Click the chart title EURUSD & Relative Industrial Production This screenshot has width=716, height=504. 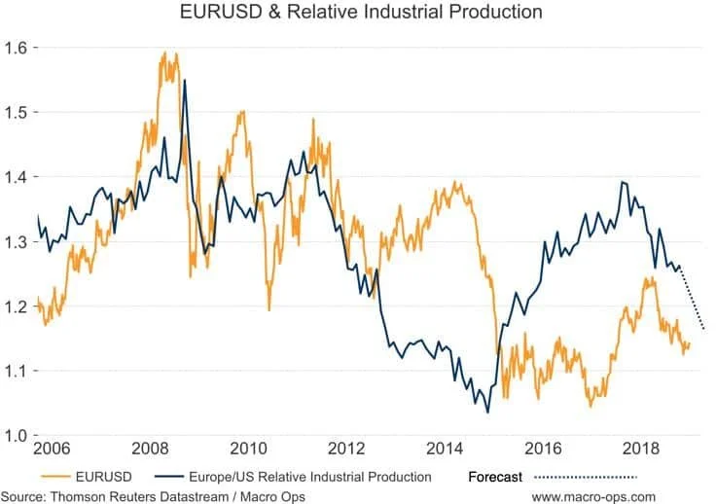coord(361,14)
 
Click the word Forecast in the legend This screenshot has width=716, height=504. coord(495,477)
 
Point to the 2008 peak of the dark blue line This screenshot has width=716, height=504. coord(185,80)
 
